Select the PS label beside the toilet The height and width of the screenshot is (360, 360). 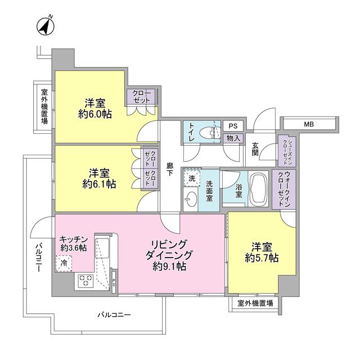[233, 127]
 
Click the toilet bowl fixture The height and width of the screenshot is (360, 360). [213, 133]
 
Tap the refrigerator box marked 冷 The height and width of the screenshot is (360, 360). [64, 262]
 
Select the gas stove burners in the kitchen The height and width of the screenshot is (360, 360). [86, 280]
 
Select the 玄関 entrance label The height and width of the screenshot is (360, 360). [255, 148]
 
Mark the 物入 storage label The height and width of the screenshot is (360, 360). [233, 138]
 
